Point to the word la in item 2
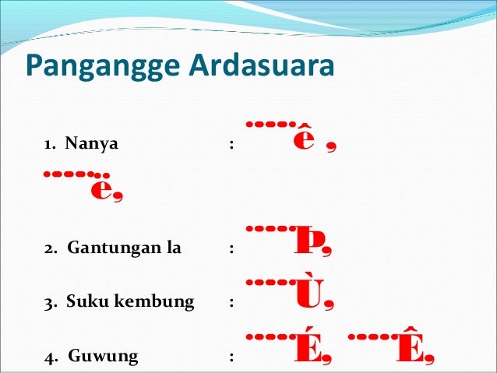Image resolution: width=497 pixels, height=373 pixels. (x=172, y=249)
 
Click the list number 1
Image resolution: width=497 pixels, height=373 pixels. (x=48, y=144)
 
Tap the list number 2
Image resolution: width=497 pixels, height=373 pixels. (x=48, y=250)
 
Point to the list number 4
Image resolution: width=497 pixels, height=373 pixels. (x=48, y=357)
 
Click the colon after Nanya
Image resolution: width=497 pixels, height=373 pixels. (x=231, y=144)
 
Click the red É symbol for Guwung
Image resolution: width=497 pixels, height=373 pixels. (x=306, y=350)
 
